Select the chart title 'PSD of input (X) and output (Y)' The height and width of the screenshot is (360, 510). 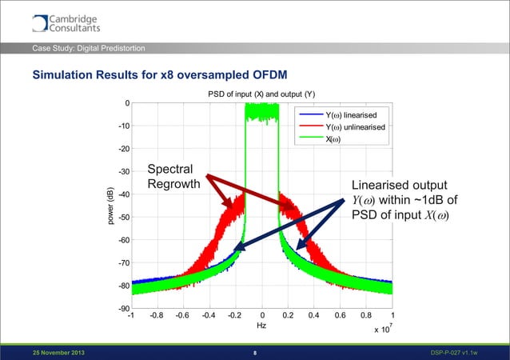261,95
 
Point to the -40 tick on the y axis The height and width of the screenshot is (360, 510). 122,194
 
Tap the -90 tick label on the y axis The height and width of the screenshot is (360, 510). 122,309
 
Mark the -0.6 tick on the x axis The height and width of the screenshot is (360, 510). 184,315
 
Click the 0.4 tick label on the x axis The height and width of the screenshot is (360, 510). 314,315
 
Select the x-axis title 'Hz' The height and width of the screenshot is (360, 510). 261,326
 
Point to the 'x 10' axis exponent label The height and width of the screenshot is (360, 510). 382,329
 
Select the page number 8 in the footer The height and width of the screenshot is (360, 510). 254,352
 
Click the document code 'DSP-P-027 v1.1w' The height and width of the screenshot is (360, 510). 459,352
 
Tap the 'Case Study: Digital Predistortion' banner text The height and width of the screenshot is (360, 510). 88,50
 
